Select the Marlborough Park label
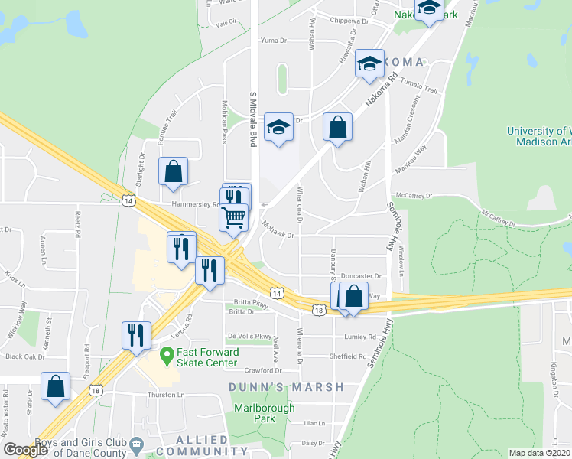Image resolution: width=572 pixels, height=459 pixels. (x=264, y=413)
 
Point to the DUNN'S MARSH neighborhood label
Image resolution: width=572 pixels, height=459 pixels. (x=287, y=387)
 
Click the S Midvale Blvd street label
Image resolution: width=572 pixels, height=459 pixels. (x=252, y=119)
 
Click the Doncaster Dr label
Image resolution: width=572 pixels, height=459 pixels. (x=361, y=275)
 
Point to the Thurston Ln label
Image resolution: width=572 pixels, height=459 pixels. (x=167, y=396)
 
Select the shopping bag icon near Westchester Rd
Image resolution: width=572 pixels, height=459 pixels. (x=56, y=386)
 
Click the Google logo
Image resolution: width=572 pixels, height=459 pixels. (x=26, y=450)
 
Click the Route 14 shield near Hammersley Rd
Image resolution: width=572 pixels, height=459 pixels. (x=128, y=200)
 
